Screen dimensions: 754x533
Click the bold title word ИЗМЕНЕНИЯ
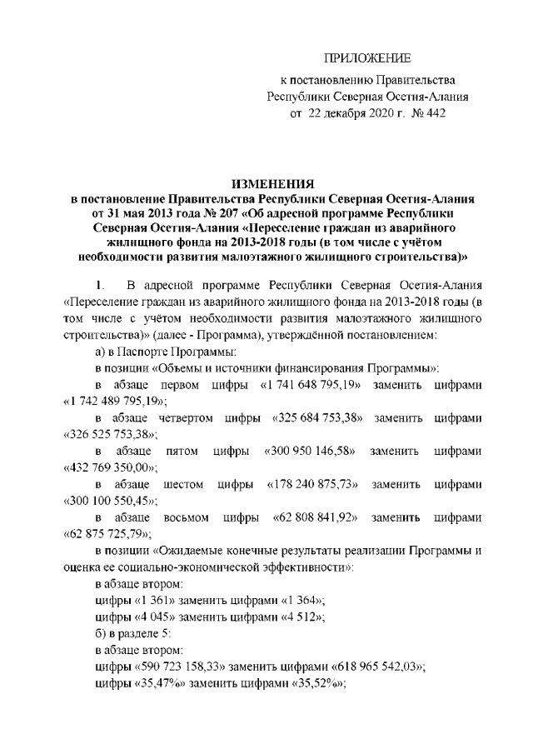(271, 184)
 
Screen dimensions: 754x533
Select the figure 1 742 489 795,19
(115, 400)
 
